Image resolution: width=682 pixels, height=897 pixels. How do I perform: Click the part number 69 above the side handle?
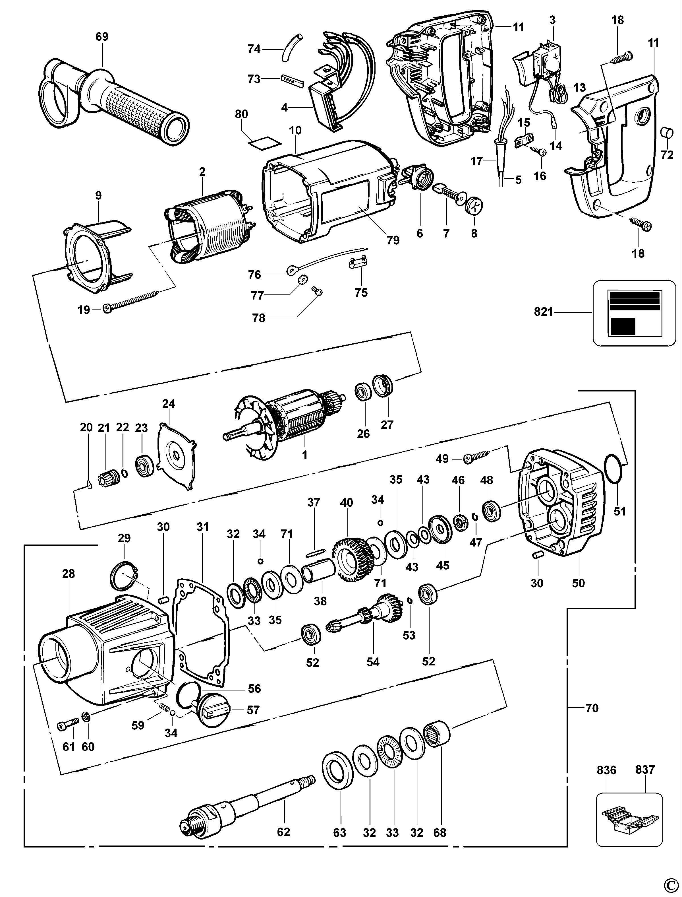click(102, 37)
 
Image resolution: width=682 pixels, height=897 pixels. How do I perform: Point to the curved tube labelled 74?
click(291, 47)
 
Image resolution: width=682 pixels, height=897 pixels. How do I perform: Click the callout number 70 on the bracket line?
click(592, 708)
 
